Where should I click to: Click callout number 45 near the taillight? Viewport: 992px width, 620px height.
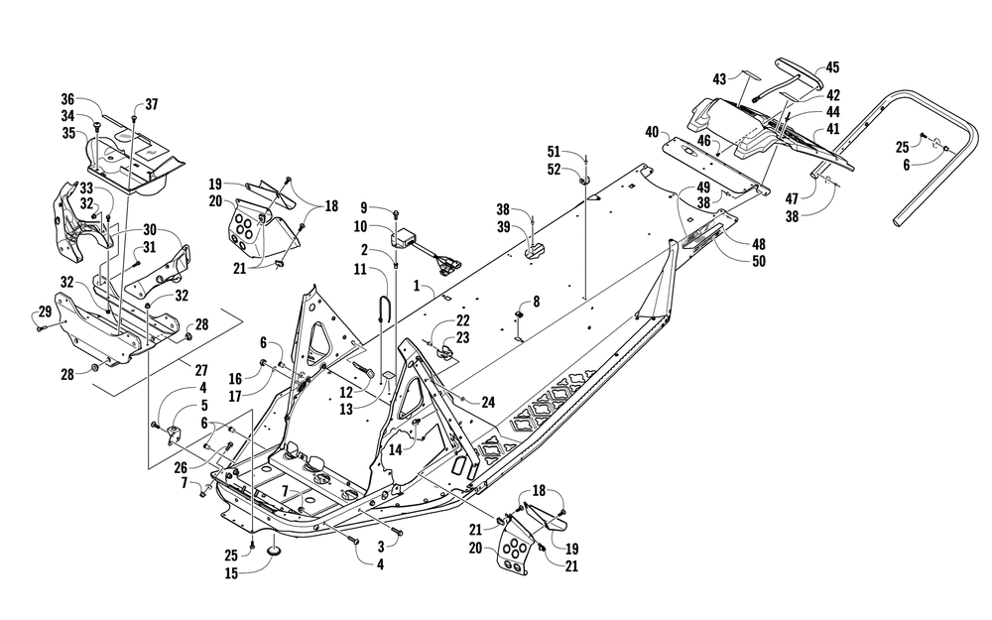[832, 67]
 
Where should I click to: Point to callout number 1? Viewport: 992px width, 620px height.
[418, 286]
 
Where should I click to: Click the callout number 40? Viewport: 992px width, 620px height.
[652, 131]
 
